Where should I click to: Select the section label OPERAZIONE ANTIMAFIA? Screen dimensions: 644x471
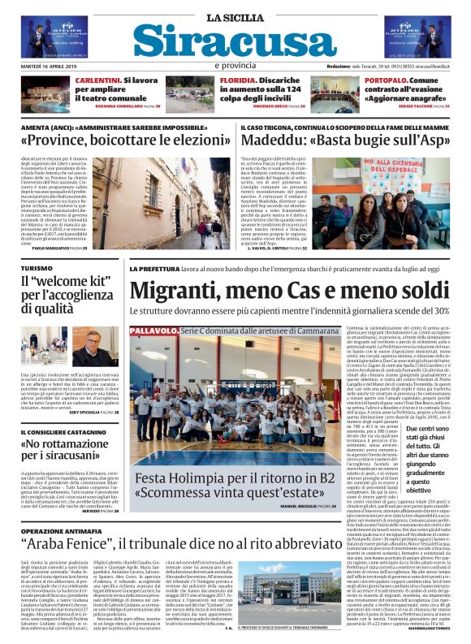[67, 508]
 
